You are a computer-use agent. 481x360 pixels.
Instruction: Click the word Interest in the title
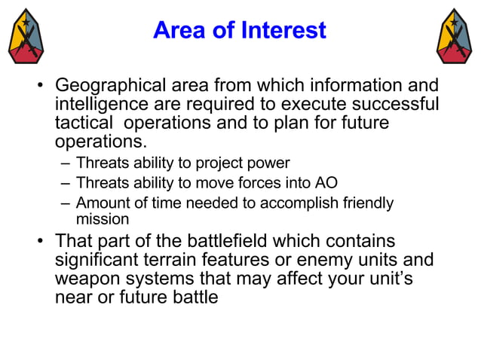(x=284, y=30)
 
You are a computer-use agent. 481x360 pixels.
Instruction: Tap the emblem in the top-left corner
(x=26, y=36)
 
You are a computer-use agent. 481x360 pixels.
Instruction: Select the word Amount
(x=102, y=203)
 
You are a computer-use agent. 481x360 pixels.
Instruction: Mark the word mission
(x=103, y=220)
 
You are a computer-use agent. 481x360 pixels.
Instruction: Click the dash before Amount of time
(x=65, y=203)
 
